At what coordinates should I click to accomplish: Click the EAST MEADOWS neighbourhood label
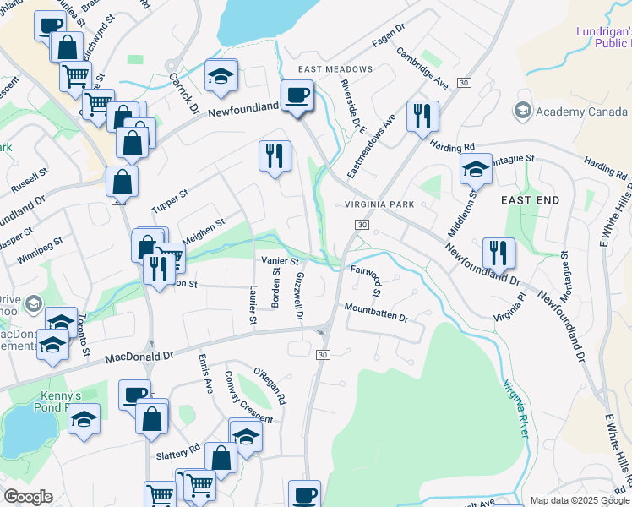(x=335, y=68)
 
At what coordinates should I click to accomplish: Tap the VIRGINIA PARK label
(x=379, y=204)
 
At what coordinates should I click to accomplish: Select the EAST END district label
(x=530, y=200)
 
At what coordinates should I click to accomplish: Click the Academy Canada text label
(x=572, y=111)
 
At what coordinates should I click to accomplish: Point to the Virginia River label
(x=516, y=407)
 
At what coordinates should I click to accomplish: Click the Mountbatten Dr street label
(x=377, y=318)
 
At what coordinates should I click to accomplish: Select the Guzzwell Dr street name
(x=299, y=295)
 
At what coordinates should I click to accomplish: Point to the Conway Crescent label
(x=248, y=396)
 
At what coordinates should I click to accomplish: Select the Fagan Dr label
(x=389, y=39)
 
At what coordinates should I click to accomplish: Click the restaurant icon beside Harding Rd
(x=422, y=116)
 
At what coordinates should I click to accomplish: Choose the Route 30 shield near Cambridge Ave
(x=464, y=82)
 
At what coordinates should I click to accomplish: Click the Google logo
(x=28, y=497)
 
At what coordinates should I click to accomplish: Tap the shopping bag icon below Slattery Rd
(x=221, y=458)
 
